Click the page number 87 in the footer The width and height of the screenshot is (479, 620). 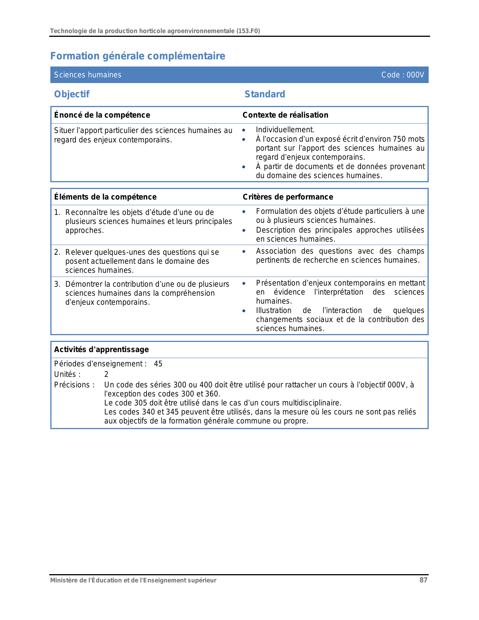pyautogui.click(x=423, y=580)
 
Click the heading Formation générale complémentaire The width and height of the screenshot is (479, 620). pyautogui.click(x=138, y=56)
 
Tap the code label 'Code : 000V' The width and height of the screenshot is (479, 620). pyautogui.click(x=402, y=75)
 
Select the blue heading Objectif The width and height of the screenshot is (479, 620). pyautogui.click(x=72, y=94)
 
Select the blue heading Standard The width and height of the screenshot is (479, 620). pyautogui.click(x=264, y=94)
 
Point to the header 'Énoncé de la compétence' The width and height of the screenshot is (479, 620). pyautogui.click(x=102, y=115)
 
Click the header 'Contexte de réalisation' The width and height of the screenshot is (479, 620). pyautogui.click(x=285, y=115)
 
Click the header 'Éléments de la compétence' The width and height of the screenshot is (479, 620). pyautogui.click(x=105, y=197)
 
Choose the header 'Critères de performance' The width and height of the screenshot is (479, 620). pyautogui.click(x=288, y=197)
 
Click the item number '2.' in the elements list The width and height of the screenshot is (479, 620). pyautogui.click(x=57, y=252)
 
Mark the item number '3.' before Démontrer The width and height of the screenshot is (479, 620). pyautogui.click(x=57, y=284)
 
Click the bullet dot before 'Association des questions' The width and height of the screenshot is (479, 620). pyautogui.click(x=244, y=251)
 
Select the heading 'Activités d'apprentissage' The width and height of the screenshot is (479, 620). pyautogui.click(x=101, y=349)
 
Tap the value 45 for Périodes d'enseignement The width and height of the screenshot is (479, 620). pyautogui.click(x=158, y=364)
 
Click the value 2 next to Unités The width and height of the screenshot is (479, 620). pyautogui.click(x=106, y=374)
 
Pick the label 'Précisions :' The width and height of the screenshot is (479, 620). pyautogui.click(x=74, y=385)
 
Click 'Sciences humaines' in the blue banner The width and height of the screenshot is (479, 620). pyautogui.click(x=88, y=75)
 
